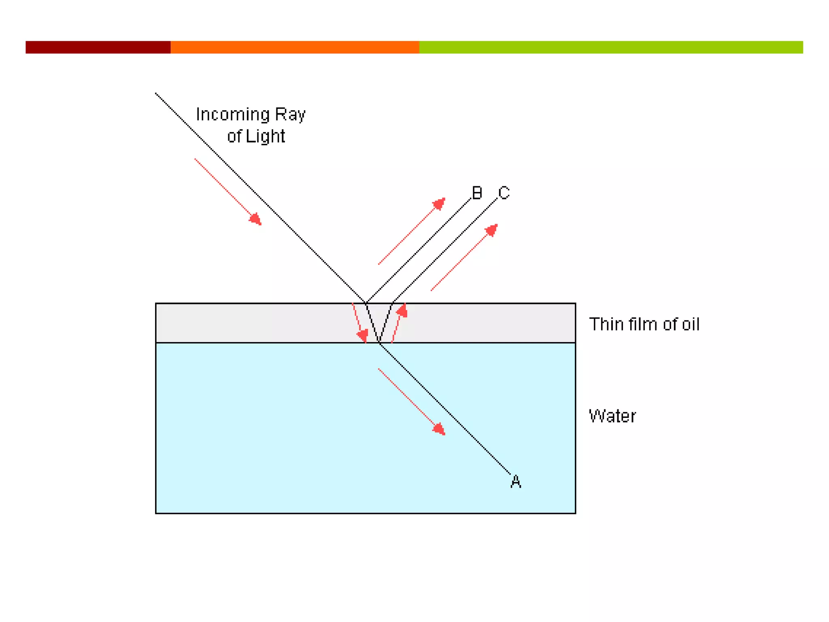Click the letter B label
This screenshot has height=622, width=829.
coord(477,193)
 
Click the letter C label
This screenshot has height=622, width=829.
coord(504,193)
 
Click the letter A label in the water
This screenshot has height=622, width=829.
coord(516,481)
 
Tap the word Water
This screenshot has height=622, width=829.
coord(612,416)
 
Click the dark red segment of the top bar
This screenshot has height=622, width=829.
coord(98,47)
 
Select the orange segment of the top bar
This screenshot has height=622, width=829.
coord(295,47)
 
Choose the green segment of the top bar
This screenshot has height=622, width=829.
coord(611,47)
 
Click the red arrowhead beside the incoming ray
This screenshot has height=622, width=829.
coord(255,219)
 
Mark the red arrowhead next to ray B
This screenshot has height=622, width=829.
coord(439,204)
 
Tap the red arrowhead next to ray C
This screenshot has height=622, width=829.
coord(491,230)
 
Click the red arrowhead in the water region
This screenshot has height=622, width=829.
coord(439,429)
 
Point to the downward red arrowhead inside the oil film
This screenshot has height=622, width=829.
coord(362,335)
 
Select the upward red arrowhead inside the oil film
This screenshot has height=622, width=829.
coord(402,311)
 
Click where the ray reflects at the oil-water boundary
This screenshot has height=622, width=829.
coord(379,343)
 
